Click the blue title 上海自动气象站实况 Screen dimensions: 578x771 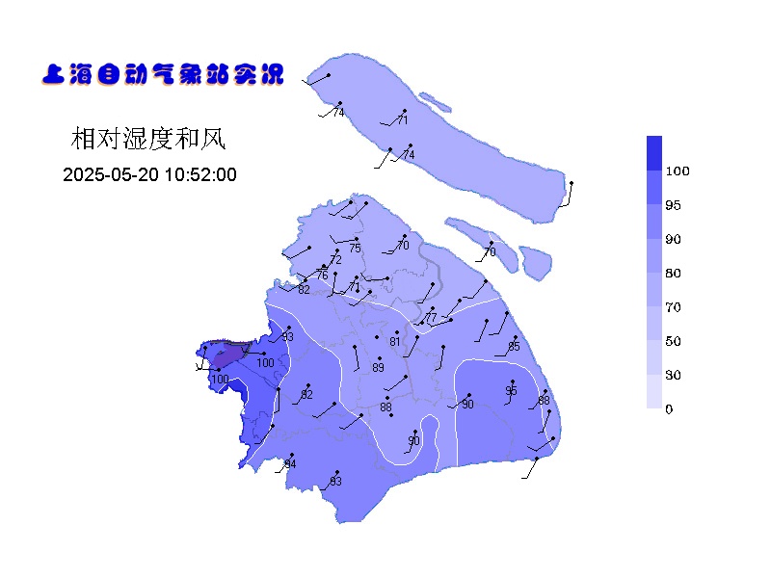click(163, 74)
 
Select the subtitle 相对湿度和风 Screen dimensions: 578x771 click(147, 140)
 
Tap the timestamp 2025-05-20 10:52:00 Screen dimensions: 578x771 click(149, 174)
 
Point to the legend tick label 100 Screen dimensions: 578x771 click(678, 171)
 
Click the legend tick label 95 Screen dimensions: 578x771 click(673, 205)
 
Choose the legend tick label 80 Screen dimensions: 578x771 click(673, 274)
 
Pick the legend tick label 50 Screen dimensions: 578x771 click(673, 341)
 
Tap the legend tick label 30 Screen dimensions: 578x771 click(673, 376)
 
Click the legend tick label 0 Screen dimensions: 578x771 click(669, 409)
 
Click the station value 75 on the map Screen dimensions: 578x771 click(355, 249)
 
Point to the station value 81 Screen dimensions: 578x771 click(394, 342)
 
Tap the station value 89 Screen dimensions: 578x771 click(378, 368)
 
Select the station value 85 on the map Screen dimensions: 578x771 click(514, 347)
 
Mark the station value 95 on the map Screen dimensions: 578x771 click(511, 391)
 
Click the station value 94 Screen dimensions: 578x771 click(290, 465)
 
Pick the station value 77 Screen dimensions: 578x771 click(431, 318)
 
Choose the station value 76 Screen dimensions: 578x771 click(322, 276)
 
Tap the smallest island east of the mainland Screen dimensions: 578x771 click(535, 259)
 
